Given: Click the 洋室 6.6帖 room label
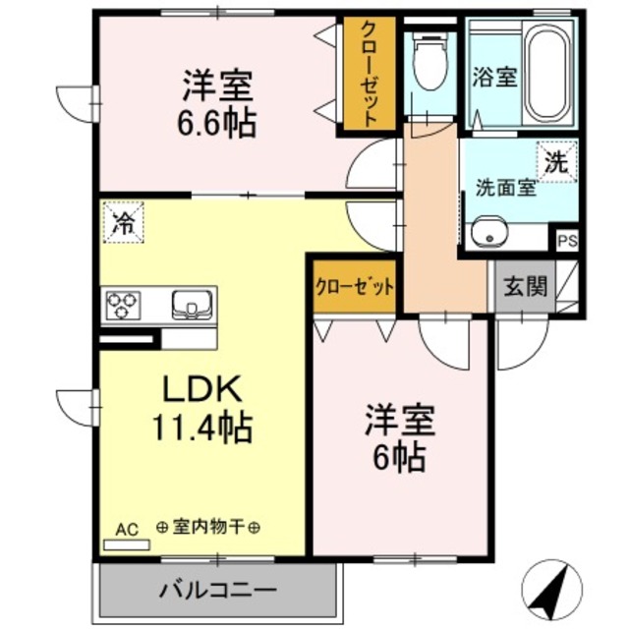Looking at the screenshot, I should coord(219,104).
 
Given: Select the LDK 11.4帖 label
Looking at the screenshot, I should coord(201,407).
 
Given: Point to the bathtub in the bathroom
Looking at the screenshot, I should coord(545,74).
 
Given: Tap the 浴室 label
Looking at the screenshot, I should coord(493,79).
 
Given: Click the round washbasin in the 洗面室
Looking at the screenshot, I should coord(486,236).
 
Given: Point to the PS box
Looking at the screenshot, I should coord(567,239).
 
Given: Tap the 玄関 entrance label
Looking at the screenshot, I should coord(524,287).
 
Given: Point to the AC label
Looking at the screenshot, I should coord(128,528).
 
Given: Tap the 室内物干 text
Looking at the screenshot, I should coord(207,528).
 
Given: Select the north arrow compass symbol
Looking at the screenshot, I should coord(547,591).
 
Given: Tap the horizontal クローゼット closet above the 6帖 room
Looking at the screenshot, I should coord(355,288).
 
